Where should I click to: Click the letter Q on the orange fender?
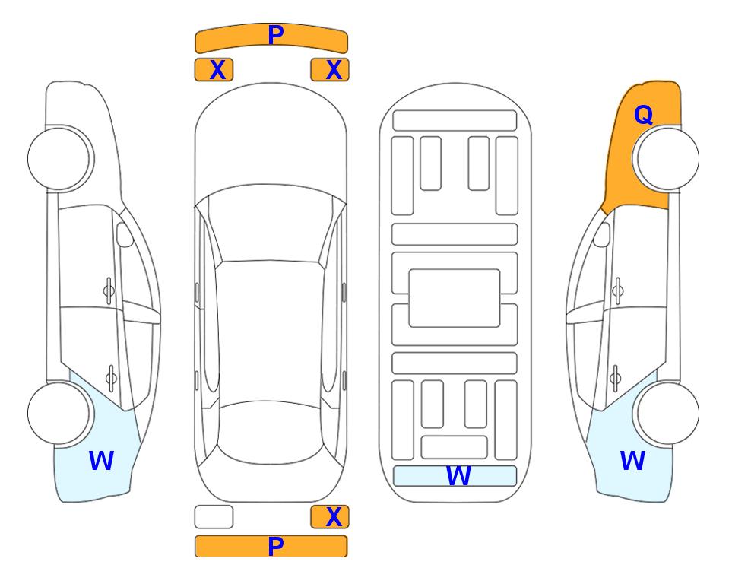click(643, 115)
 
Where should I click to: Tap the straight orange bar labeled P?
click(271, 546)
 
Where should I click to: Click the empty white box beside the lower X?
click(214, 517)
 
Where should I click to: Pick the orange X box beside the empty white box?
click(330, 517)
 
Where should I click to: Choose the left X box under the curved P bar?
click(214, 70)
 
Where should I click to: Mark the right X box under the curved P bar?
click(330, 70)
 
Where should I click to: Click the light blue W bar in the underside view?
click(455, 476)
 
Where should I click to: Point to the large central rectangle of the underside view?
click(455, 298)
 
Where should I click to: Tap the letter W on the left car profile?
click(101, 461)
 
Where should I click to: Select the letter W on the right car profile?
click(632, 461)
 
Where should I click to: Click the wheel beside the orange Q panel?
click(666, 159)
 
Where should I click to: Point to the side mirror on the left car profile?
click(125, 234)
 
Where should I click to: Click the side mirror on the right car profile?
click(602, 234)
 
